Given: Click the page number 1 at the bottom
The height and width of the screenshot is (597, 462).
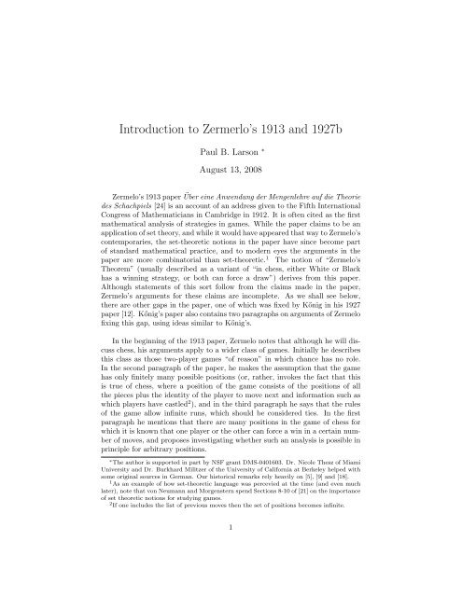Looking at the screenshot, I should pyautogui.click(x=231, y=586).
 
